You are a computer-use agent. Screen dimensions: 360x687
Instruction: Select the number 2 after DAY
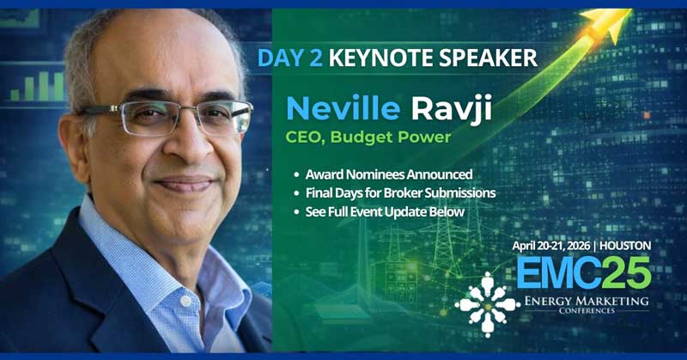(322, 58)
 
